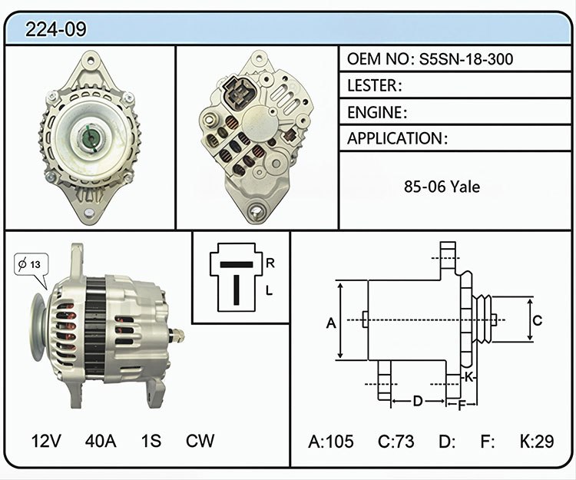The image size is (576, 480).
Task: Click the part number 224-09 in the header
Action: tap(55, 29)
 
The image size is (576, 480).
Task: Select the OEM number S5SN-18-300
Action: tap(466, 59)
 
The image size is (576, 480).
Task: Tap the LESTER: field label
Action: tap(375, 85)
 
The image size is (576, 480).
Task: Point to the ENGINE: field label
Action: tap(377, 112)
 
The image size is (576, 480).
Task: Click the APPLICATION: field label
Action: tap(398, 138)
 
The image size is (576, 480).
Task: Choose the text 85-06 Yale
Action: tap(442, 187)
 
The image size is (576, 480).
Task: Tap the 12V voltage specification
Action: tap(46, 441)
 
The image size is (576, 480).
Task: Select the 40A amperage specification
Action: tap(101, 441)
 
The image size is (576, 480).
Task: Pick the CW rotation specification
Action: tap(200, 441)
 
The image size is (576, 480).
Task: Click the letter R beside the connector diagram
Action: tap(270, 263)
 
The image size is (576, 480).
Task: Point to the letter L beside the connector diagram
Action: tap(270, 291)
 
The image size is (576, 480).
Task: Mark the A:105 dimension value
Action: tap(330, 442)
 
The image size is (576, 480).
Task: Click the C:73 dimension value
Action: tap(396, 442)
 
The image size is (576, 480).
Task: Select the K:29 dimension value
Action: tap(537, 442)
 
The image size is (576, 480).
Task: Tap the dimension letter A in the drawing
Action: tap(331, 323)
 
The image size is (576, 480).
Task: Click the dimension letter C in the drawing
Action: tap(538, 320)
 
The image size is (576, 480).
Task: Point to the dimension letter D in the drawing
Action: tap(418, 401)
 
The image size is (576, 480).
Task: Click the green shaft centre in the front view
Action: tap(90, 138)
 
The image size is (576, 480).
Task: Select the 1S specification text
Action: tap(151, 441)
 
